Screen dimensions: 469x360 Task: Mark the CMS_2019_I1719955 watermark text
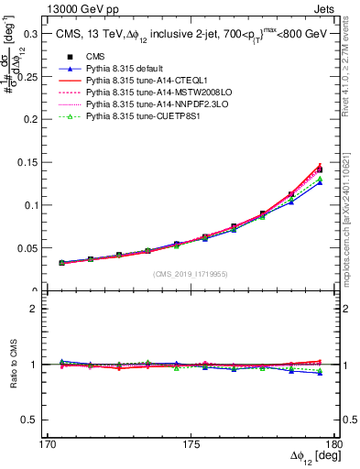pyautogui.click(x=190, y=274)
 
